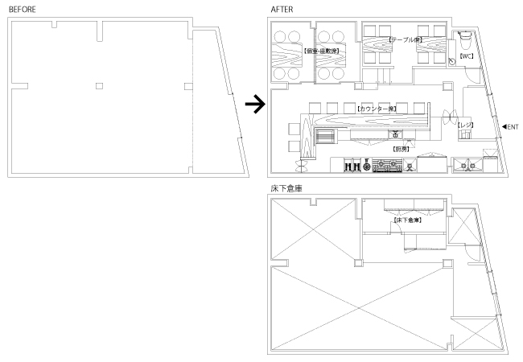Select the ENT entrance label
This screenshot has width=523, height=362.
(513, 127)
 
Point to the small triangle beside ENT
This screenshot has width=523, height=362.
(503, 127)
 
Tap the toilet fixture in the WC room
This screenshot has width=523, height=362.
(465, 38)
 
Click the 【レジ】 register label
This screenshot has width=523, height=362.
(465, 125)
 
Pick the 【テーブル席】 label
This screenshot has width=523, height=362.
(401, 39)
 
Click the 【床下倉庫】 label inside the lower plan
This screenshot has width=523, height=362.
(402, 219)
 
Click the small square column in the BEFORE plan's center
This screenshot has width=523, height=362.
(100, 85)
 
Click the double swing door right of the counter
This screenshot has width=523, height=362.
(450, 118)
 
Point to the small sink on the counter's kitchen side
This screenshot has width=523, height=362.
(395, 134)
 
